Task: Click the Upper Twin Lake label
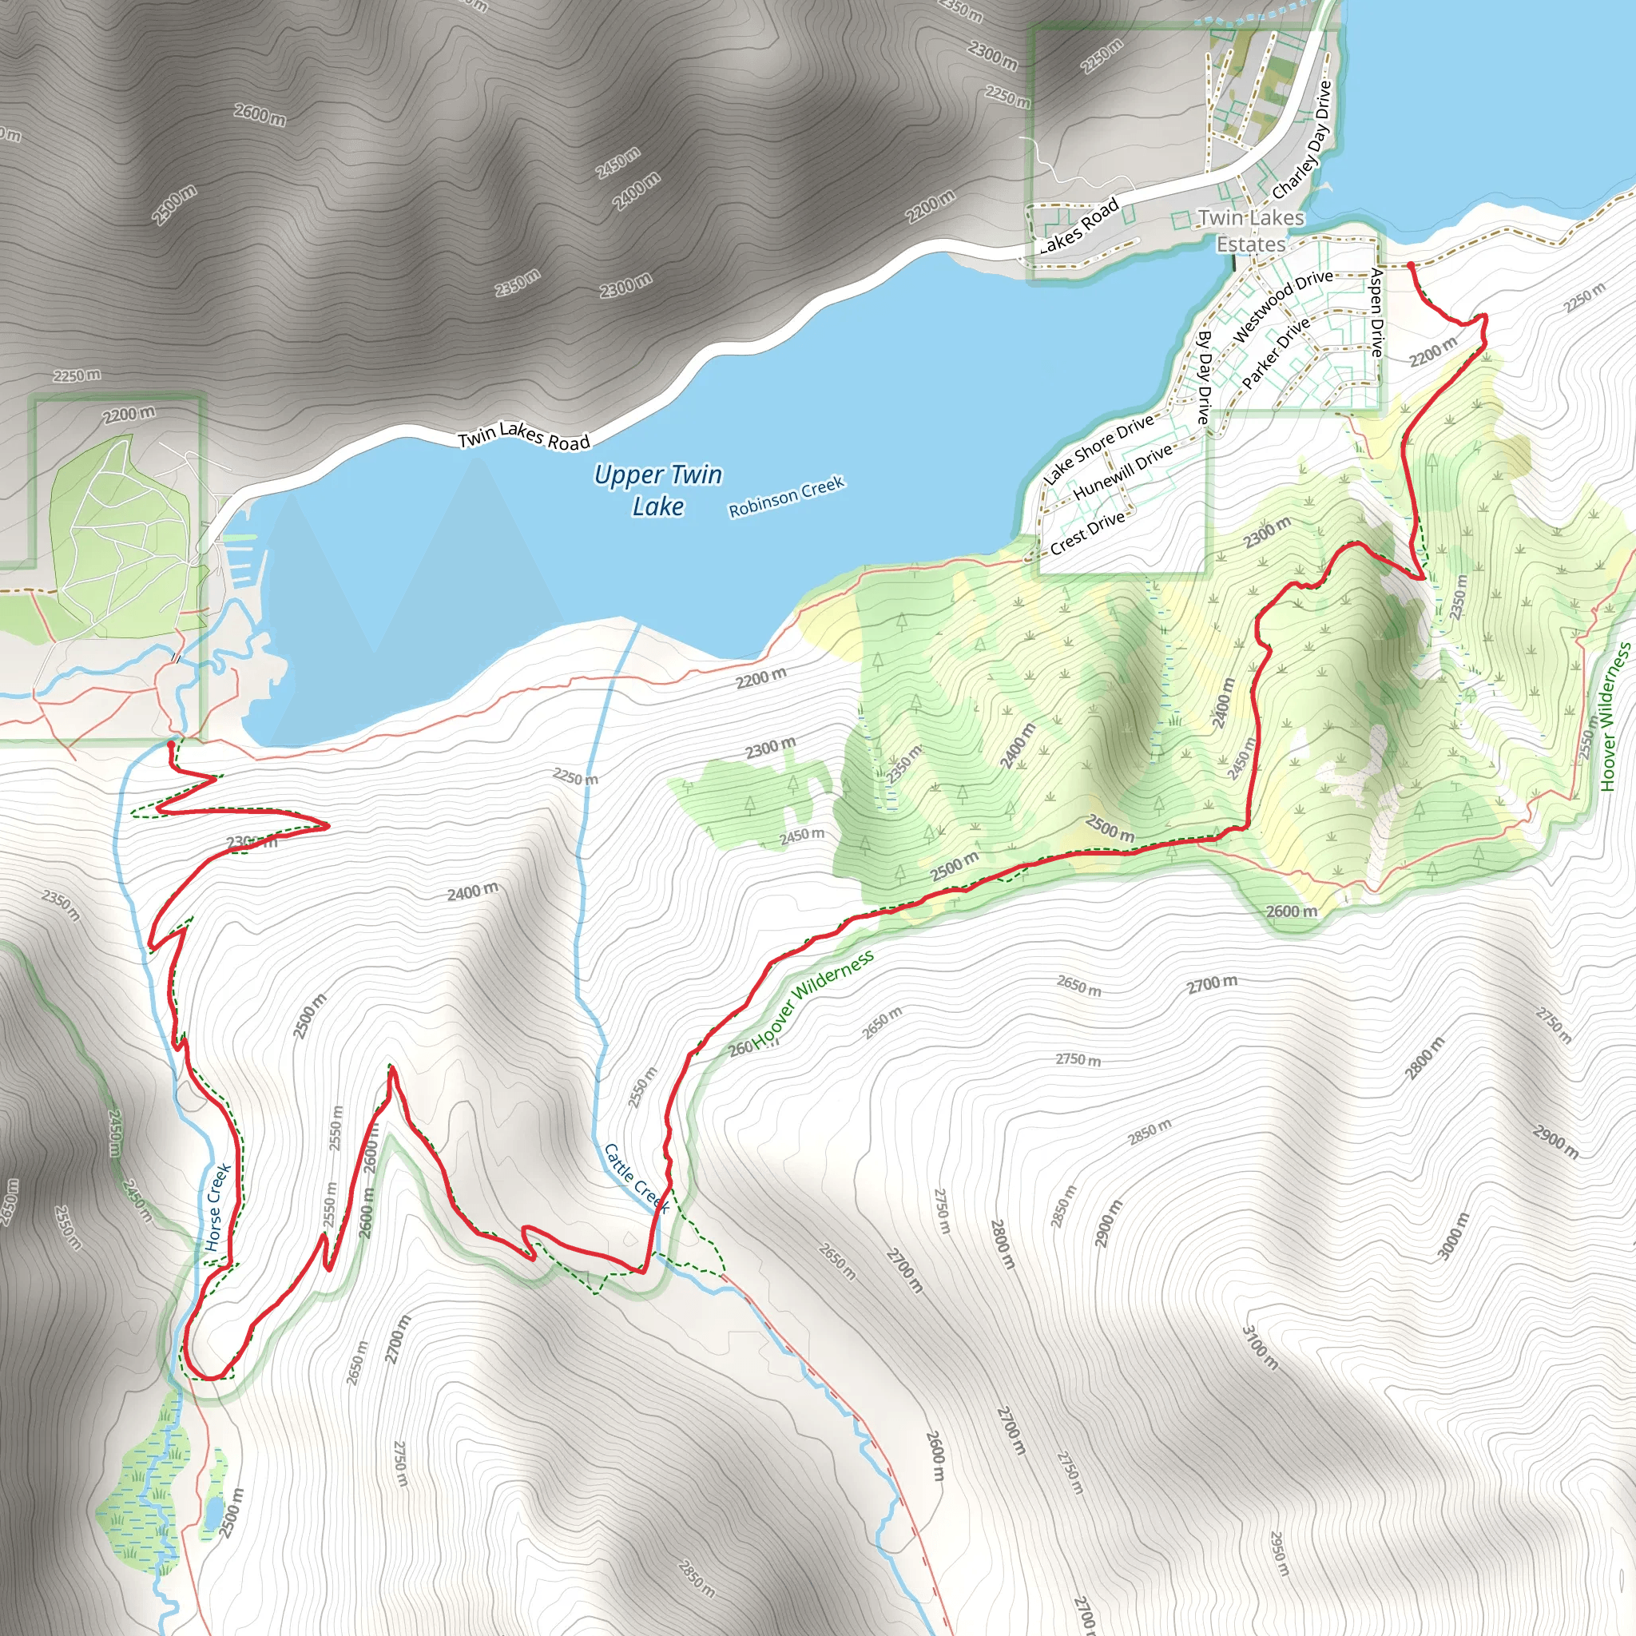click(x=657, y=490)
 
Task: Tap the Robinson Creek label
click(x=786, y=496)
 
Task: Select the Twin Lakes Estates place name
click(x=1251, y=230)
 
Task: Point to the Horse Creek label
click(x=217, y=1207)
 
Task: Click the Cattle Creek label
click(x=636, y=1178)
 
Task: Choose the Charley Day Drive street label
click(x=1301, y=140)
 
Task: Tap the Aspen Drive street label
click(x=1376, y=312)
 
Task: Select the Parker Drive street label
click(x=1275, y=352)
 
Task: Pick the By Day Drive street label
click(x=1203, y=376)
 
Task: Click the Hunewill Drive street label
click(x=1122, y=471)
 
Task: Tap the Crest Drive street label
click(x=1087, y=532)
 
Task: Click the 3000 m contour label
click(x=1454, y=1237)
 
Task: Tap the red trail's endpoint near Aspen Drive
click(x=1410, y=266)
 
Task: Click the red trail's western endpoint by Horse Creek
click(x=171, y=744)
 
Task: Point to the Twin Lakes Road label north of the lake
click(x=523, y=435)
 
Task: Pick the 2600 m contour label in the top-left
click(x=260, y=114)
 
